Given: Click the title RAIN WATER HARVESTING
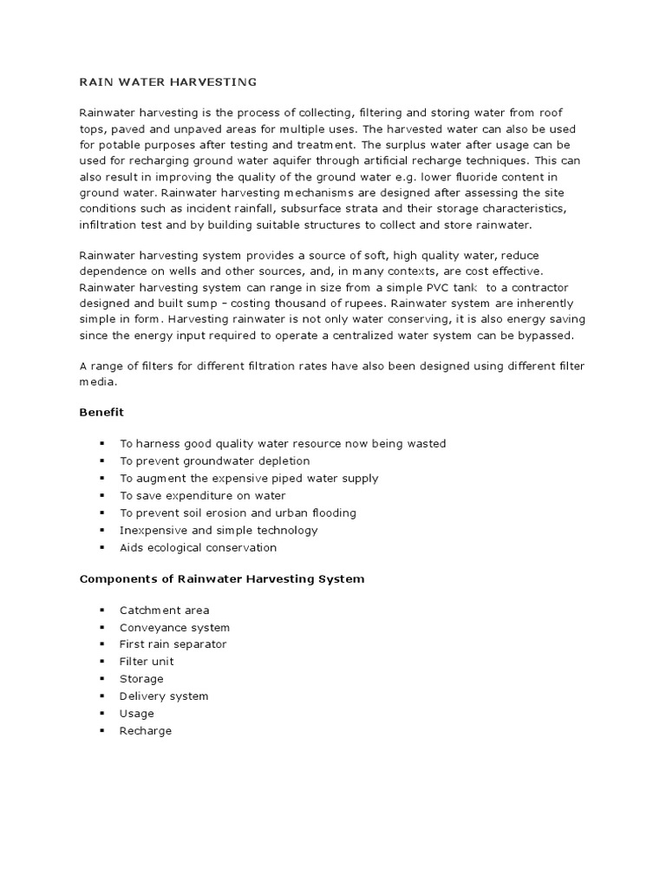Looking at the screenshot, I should click(168, 82).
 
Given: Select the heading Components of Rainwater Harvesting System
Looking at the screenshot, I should click(222, 578).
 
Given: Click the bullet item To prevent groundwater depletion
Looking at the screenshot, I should click(214, 460).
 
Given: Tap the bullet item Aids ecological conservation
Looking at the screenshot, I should click(198, 547).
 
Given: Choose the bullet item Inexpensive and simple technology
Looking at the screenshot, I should click(219, 530).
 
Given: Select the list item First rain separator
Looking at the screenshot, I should click(173, 644).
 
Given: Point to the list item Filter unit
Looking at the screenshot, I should click(147, 662).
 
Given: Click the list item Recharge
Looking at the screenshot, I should click(146, 731).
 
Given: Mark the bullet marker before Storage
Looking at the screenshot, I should click(101, 679).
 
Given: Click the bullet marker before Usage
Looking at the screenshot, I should click(101, 714).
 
